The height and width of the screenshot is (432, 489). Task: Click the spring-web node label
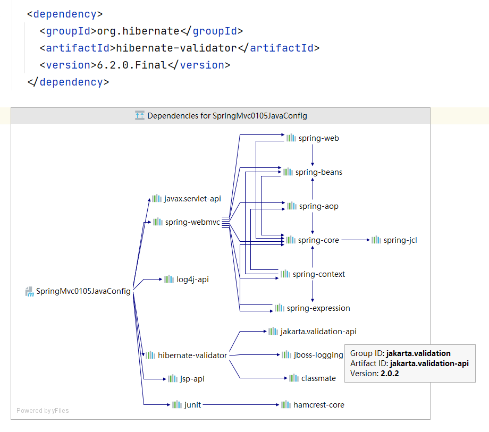click(x=318, y=138)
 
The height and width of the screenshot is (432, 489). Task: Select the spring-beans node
click(x=318, y=172)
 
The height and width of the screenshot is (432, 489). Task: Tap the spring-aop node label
click(x=318, y=206)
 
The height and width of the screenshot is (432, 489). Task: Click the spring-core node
click(x=318, y=240)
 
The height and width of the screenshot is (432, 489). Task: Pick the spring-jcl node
click(x=400, y=240)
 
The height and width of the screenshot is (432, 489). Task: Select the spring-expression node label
click(x=318, y=308)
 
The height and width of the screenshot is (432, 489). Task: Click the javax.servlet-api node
click(x=192, y=198)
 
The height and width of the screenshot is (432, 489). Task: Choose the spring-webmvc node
click(x=192, y=222)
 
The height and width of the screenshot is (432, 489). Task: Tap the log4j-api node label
click(x=192, y=279)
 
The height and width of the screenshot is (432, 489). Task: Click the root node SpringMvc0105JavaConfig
click(x=83, y=291)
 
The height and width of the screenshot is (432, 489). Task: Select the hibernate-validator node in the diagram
click(x=192, y=355)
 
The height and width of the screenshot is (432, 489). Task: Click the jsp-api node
click(x=191, y=379)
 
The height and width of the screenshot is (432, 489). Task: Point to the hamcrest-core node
click(x=318, y=405)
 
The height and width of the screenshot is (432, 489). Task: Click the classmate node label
click(x=318, y=378)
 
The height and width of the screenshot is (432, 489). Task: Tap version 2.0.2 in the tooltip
click(x=389, y=374)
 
